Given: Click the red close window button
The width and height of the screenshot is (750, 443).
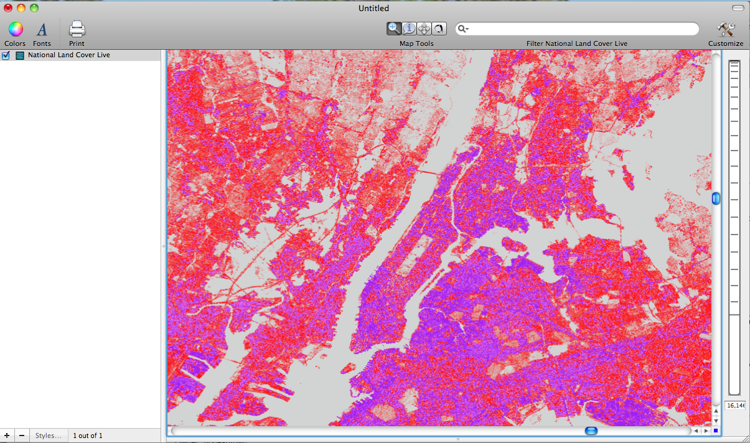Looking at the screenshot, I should click(x=8, y=8).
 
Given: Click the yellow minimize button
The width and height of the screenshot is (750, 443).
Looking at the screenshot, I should click(x=21, y=8).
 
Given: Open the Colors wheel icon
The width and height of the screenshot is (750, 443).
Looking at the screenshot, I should click(x=16, y=29).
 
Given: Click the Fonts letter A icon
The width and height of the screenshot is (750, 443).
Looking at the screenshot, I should click(x=42, y=29).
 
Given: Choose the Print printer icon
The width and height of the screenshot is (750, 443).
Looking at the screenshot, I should click(x=77, y=29).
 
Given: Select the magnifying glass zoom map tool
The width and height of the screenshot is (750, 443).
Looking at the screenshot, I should click(x=394, y=29).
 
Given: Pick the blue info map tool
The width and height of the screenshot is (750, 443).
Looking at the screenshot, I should click(x=409, y=29).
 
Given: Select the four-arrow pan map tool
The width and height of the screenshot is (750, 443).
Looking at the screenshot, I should click(x=424, y=29).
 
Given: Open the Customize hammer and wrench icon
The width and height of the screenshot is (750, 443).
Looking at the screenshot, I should click(x=726, y=29).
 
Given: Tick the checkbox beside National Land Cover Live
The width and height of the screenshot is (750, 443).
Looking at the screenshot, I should click(x=6, y=55).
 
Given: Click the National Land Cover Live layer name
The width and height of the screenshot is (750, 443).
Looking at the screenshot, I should click(x=68, y=55).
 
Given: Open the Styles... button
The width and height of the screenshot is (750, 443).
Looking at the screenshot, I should click(x=48, y=436).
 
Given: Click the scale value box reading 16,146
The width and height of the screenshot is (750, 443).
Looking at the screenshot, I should click(x=735, y=405).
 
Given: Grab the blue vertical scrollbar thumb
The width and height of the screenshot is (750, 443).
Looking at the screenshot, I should click(x=716, y=198).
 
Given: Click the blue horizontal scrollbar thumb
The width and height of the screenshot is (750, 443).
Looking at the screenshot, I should click(x=591, y=431).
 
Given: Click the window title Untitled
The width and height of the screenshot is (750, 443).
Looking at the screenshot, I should click(x=373, y=8).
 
